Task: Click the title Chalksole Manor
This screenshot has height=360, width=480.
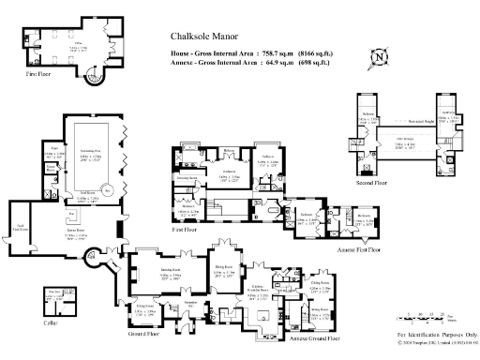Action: [202, 38]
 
